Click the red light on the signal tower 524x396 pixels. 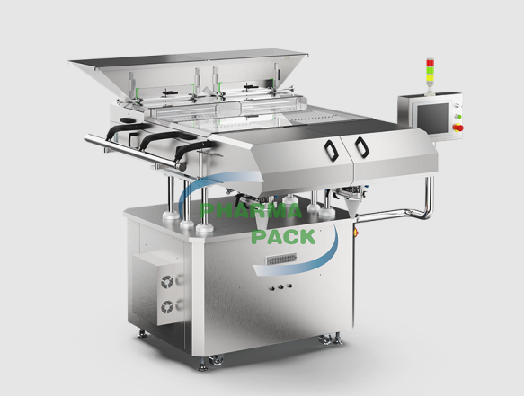point(430,62)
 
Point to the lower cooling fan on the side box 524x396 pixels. point(169,306)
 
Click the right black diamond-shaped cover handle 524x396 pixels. point(360,147)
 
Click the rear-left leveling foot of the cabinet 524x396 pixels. point(141,334)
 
